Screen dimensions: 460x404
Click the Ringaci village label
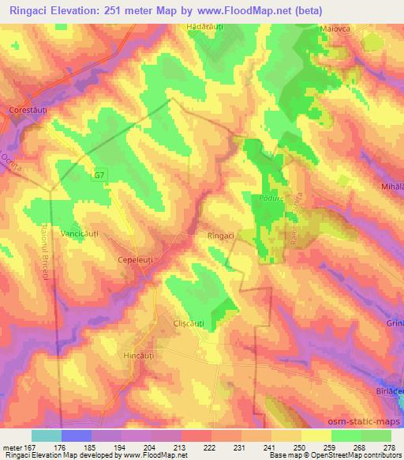click(x=222, y=236)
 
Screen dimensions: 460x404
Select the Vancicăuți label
click(x=84, y=236)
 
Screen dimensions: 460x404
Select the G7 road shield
click(x=99, y=175)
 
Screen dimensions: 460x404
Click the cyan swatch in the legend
click(x=46, y=435)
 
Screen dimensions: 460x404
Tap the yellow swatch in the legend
click(x=316, y=435)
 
